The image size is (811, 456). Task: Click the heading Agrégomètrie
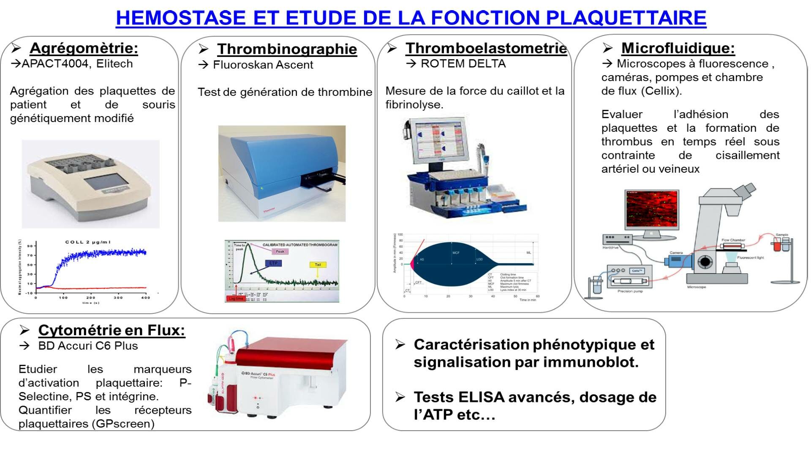84,48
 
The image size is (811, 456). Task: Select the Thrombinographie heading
287,49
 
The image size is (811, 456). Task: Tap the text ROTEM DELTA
463,64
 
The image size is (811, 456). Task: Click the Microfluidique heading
678,48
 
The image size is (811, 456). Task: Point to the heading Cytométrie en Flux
112,330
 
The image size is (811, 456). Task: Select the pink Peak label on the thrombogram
280,252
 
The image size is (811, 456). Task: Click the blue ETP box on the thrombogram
273,263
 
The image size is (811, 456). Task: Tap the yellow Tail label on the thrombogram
318,265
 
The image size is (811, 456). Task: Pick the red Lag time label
236,299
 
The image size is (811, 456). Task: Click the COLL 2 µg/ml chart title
88,242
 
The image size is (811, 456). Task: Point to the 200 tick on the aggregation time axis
91,298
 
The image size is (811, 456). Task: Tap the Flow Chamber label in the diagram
733,240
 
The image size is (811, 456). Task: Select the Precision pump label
630,291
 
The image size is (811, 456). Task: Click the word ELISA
481,397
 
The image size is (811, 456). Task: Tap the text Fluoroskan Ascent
263,65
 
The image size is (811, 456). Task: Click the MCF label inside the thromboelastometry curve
456,253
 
